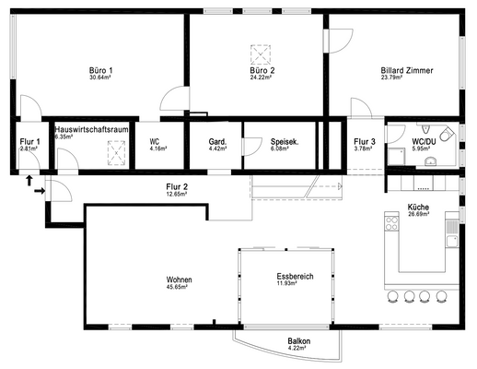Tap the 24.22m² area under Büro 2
coord(261,77)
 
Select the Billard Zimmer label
coord(407,70)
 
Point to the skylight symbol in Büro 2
coord(261,54)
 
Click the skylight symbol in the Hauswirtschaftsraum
coord(116,153)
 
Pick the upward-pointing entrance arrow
coord(29,181)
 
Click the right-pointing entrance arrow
coord(40,191)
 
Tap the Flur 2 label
coord(177,186)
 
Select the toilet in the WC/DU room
coord(448,134)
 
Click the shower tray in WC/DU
coord(396,157)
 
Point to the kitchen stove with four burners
coord(391,223)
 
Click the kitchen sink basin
coord(452,241)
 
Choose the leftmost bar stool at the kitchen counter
coord(392,296)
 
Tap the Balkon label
coord(299,341)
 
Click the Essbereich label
coord(295,276)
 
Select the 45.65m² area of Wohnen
coord(177,287)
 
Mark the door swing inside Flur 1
coord(29,161)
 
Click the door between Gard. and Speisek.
coord(251,147)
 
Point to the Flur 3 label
coord(365,142)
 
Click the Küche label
coord(418,207)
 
